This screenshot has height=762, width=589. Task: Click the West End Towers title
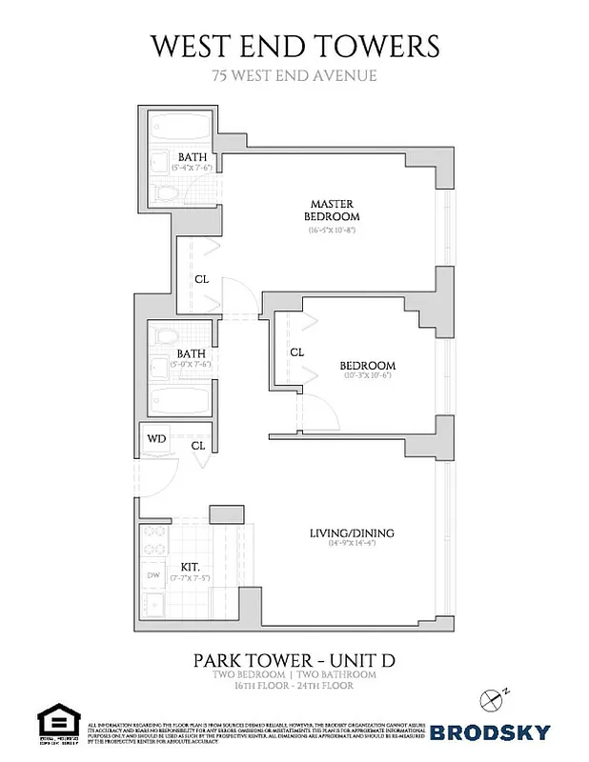coord(294,45)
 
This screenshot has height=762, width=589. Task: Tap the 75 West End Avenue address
coord(294,75)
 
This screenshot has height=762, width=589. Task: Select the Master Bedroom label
coord(331,210)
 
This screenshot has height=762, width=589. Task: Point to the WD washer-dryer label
coord(155,440)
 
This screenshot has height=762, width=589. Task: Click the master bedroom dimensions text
coord(331,231)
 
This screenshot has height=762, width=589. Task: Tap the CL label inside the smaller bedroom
coord(296,351)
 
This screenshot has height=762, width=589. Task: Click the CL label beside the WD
coord(198,445)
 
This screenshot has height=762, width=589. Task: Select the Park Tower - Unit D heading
coord(294,658)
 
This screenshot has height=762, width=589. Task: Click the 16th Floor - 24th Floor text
coord(294,686)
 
